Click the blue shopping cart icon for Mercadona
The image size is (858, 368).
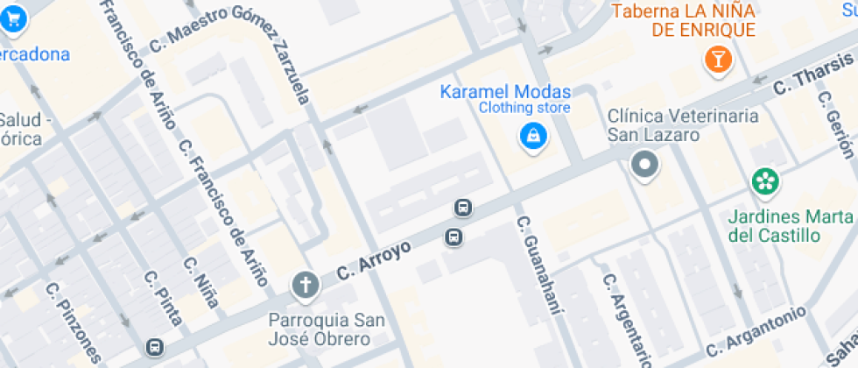(13, 18)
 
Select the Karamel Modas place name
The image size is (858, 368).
(505, 92)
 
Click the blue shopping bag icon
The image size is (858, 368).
(531, 136)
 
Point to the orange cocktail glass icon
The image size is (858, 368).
(718, 60)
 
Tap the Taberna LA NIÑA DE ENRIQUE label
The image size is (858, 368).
(683, 20)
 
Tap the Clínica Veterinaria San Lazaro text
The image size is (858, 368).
(682, 125)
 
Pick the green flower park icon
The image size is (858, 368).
(765, 182)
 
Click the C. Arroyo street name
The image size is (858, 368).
(373, 261)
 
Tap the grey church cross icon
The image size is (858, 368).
(305, 284)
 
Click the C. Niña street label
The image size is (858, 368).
(200, 282)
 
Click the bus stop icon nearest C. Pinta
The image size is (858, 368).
(154, 348)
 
